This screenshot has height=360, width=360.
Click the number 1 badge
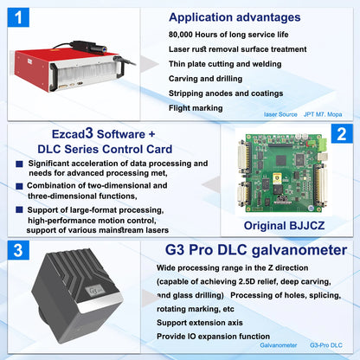pos(20,16)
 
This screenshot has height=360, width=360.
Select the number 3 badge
pos(20,250)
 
